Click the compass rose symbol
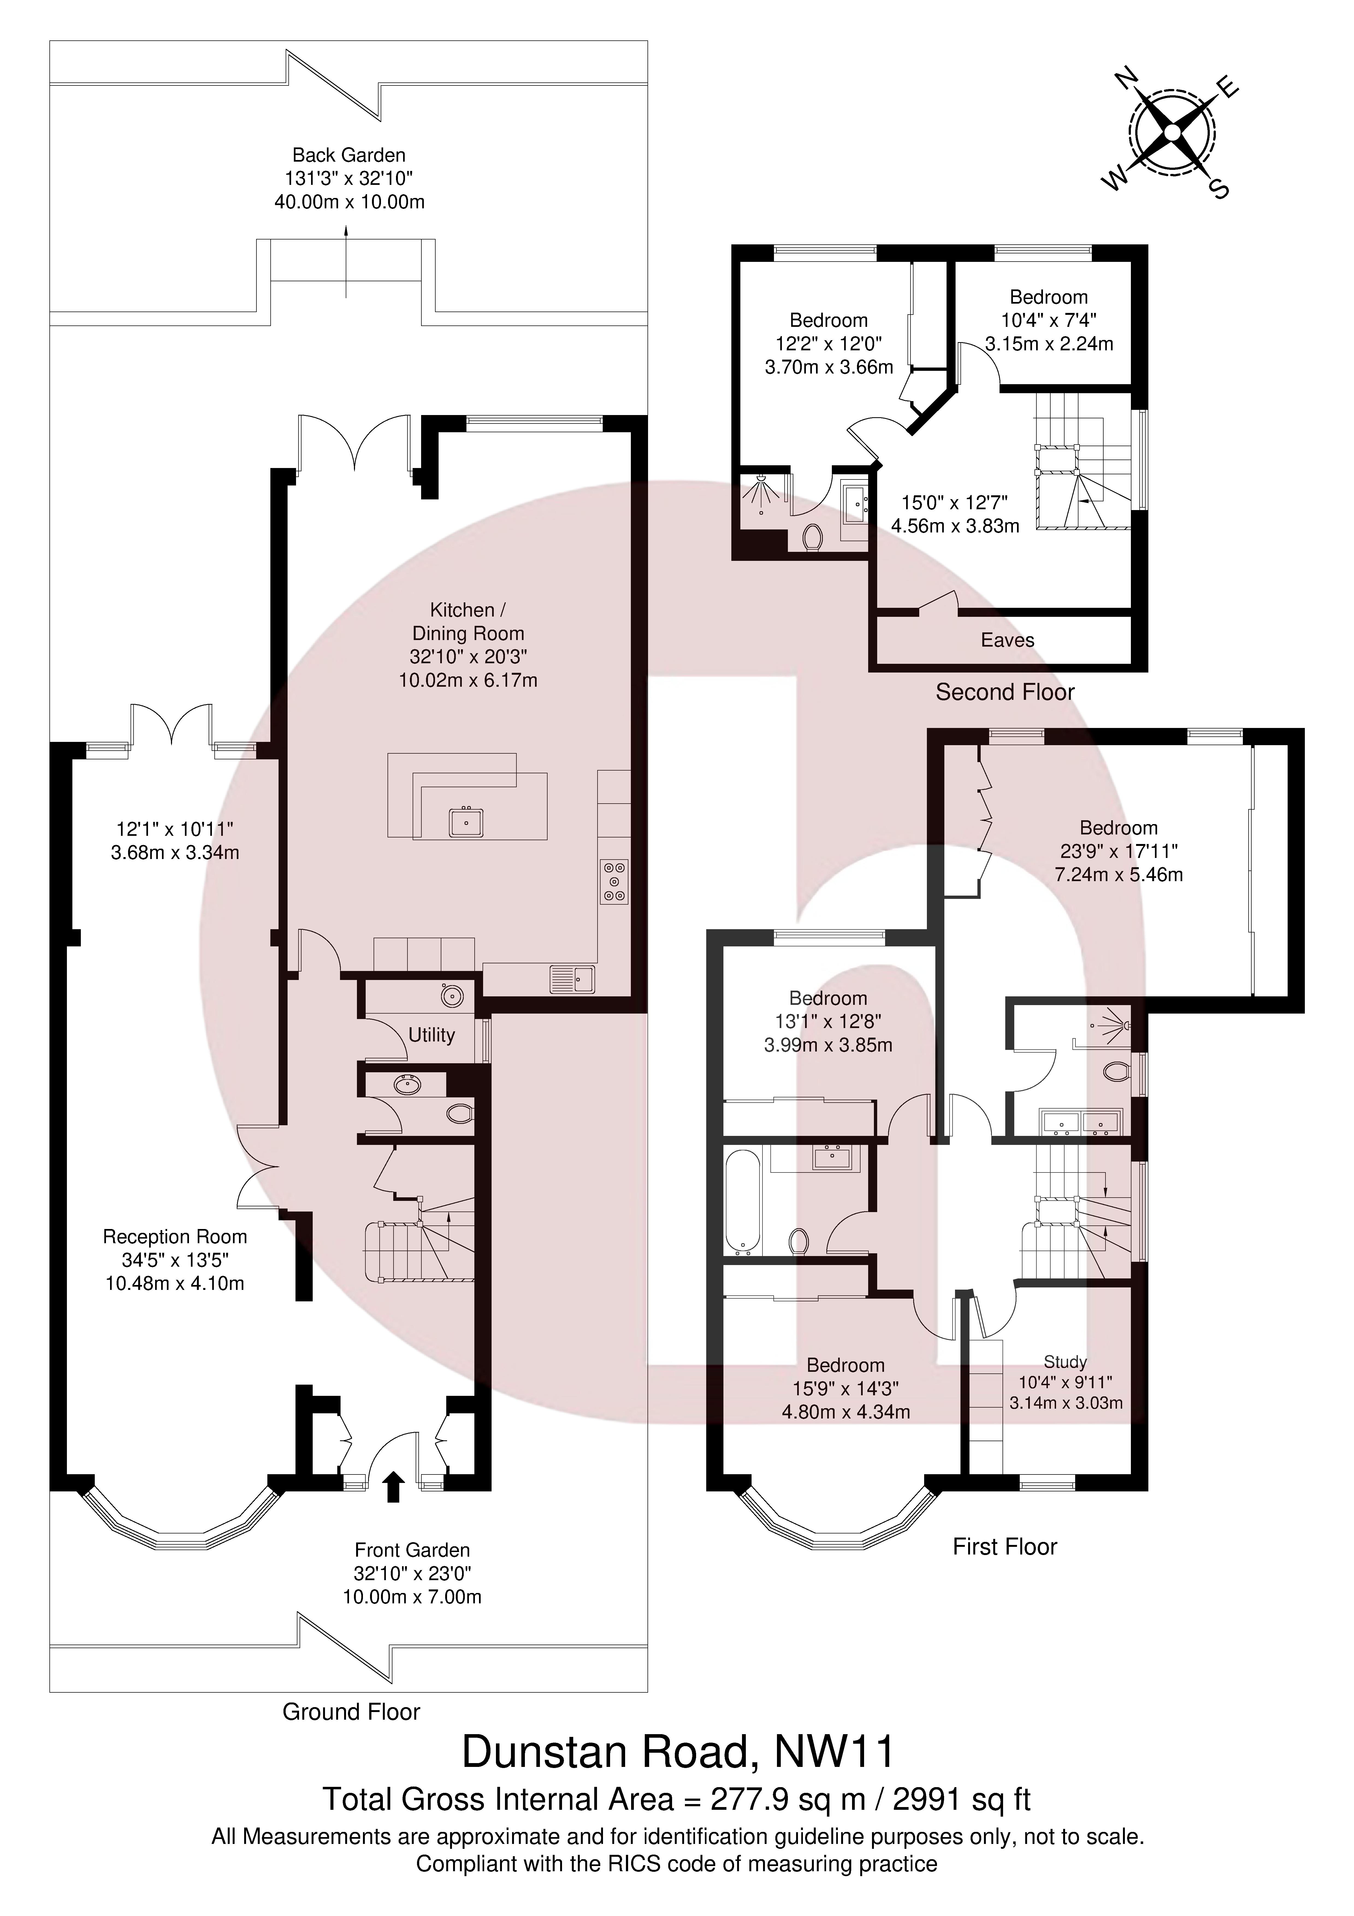[1172, 134]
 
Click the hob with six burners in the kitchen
[614, 880]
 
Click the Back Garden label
[349, 155]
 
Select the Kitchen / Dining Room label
[468, 622]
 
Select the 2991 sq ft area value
[962, 1799]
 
